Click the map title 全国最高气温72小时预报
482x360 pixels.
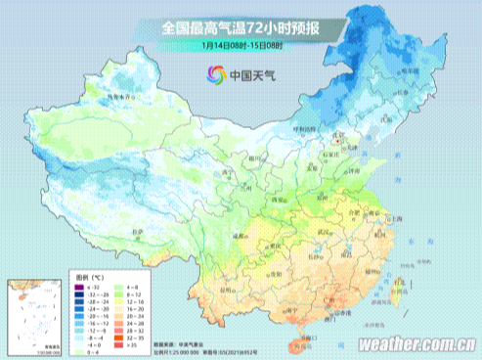coord(241,27)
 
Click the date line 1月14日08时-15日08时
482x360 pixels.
coord(241,45)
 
